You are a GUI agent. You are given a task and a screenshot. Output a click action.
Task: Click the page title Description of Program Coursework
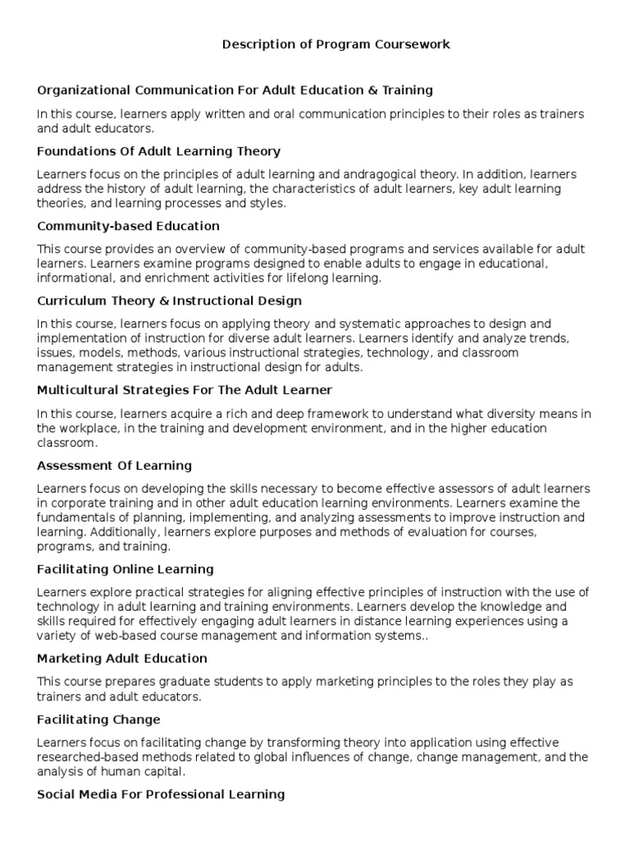(336, 44)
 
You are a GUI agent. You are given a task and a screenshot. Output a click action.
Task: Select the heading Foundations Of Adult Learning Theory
(158, 151)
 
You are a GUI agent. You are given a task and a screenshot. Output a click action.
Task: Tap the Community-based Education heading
(128, 226)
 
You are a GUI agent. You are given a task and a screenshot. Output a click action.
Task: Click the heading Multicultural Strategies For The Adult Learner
(185, 390)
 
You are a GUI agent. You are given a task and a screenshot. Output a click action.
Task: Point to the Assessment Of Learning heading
(114, 466)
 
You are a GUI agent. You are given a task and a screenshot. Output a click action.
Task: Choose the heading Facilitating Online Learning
(126, 569)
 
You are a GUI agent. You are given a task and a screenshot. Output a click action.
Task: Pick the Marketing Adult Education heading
(121, 659)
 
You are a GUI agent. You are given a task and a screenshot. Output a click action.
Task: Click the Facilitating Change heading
(98, 719)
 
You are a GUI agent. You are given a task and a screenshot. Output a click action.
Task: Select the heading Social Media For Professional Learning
(161, 794)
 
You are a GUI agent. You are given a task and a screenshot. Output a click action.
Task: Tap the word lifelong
(294, 278)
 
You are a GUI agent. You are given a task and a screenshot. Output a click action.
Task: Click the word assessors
(416, 489)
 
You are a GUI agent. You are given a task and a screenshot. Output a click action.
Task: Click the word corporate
(76, 503)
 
